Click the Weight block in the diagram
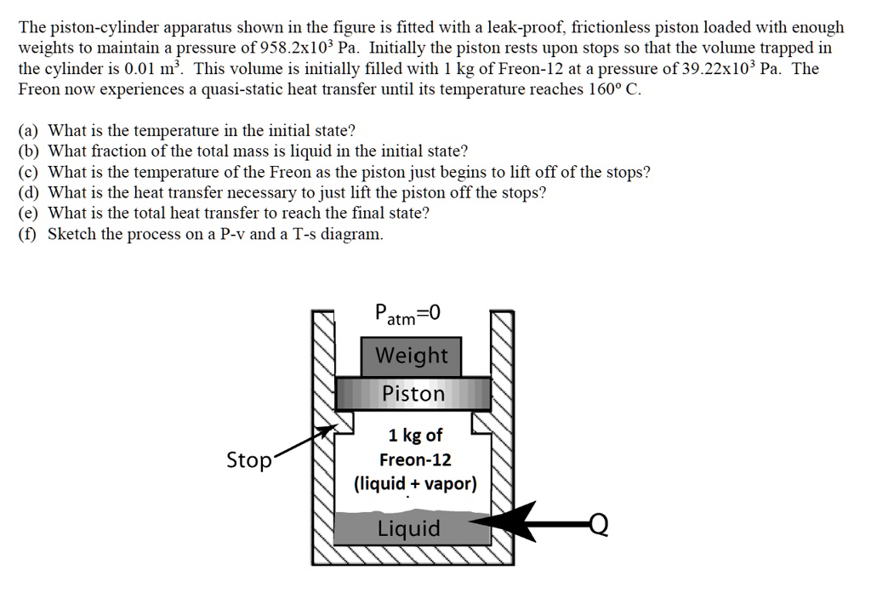pos(412,355)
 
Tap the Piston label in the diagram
pos(413,394)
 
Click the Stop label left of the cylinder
pos(248,461)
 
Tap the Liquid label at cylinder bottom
pos(409,529)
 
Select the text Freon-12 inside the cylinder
pos(415,460)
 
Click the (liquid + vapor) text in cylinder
pos(415,484)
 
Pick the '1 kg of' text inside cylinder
pos(415,436)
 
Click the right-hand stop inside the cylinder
pos(482,423)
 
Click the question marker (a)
pos(29,131)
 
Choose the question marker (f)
pos(28,234)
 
